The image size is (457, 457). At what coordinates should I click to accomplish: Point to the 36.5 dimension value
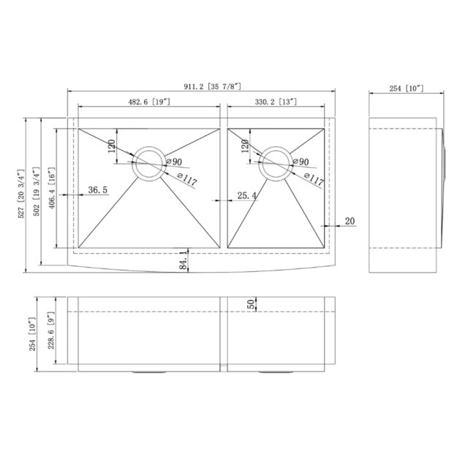(x=98, y=190)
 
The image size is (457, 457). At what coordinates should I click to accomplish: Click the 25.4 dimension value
(x=248, y=194)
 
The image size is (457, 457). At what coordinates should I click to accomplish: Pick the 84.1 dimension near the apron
(x=183, y=260)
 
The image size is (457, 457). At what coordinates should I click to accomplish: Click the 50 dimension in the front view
(x=251, y=305)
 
